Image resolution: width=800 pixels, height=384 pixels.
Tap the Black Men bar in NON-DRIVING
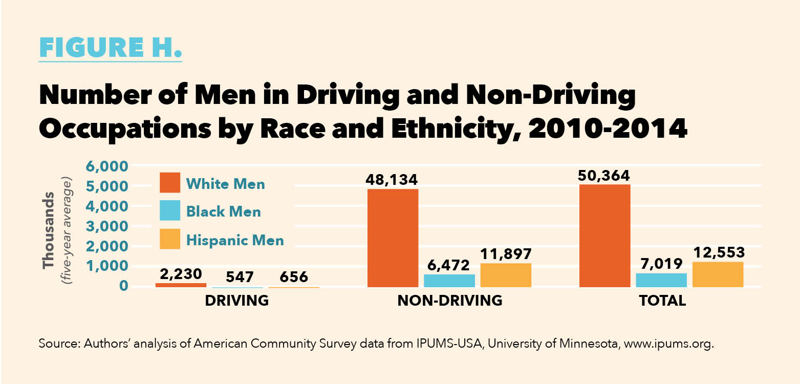click(449, 281)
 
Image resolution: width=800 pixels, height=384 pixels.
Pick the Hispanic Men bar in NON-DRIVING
click(506, 275)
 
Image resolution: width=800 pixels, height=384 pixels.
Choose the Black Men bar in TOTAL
click(661, 280)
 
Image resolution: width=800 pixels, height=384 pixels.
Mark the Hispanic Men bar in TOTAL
click(718, 274)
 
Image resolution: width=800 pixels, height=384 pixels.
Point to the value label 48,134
click(392, 180)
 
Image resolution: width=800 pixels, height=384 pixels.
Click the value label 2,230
click(181, 274)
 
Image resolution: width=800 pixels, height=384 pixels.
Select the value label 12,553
click(718, 253)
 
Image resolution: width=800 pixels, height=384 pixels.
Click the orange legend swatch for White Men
click(170, 183)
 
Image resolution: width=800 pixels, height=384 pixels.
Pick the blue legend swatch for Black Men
click(170, 211)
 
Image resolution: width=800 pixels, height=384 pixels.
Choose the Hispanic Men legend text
click(235, 240)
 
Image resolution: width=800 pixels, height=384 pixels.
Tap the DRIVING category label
click(237, 301)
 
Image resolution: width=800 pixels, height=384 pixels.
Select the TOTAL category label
click(662, 301)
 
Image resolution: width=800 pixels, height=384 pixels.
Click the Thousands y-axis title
click(50, 230)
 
